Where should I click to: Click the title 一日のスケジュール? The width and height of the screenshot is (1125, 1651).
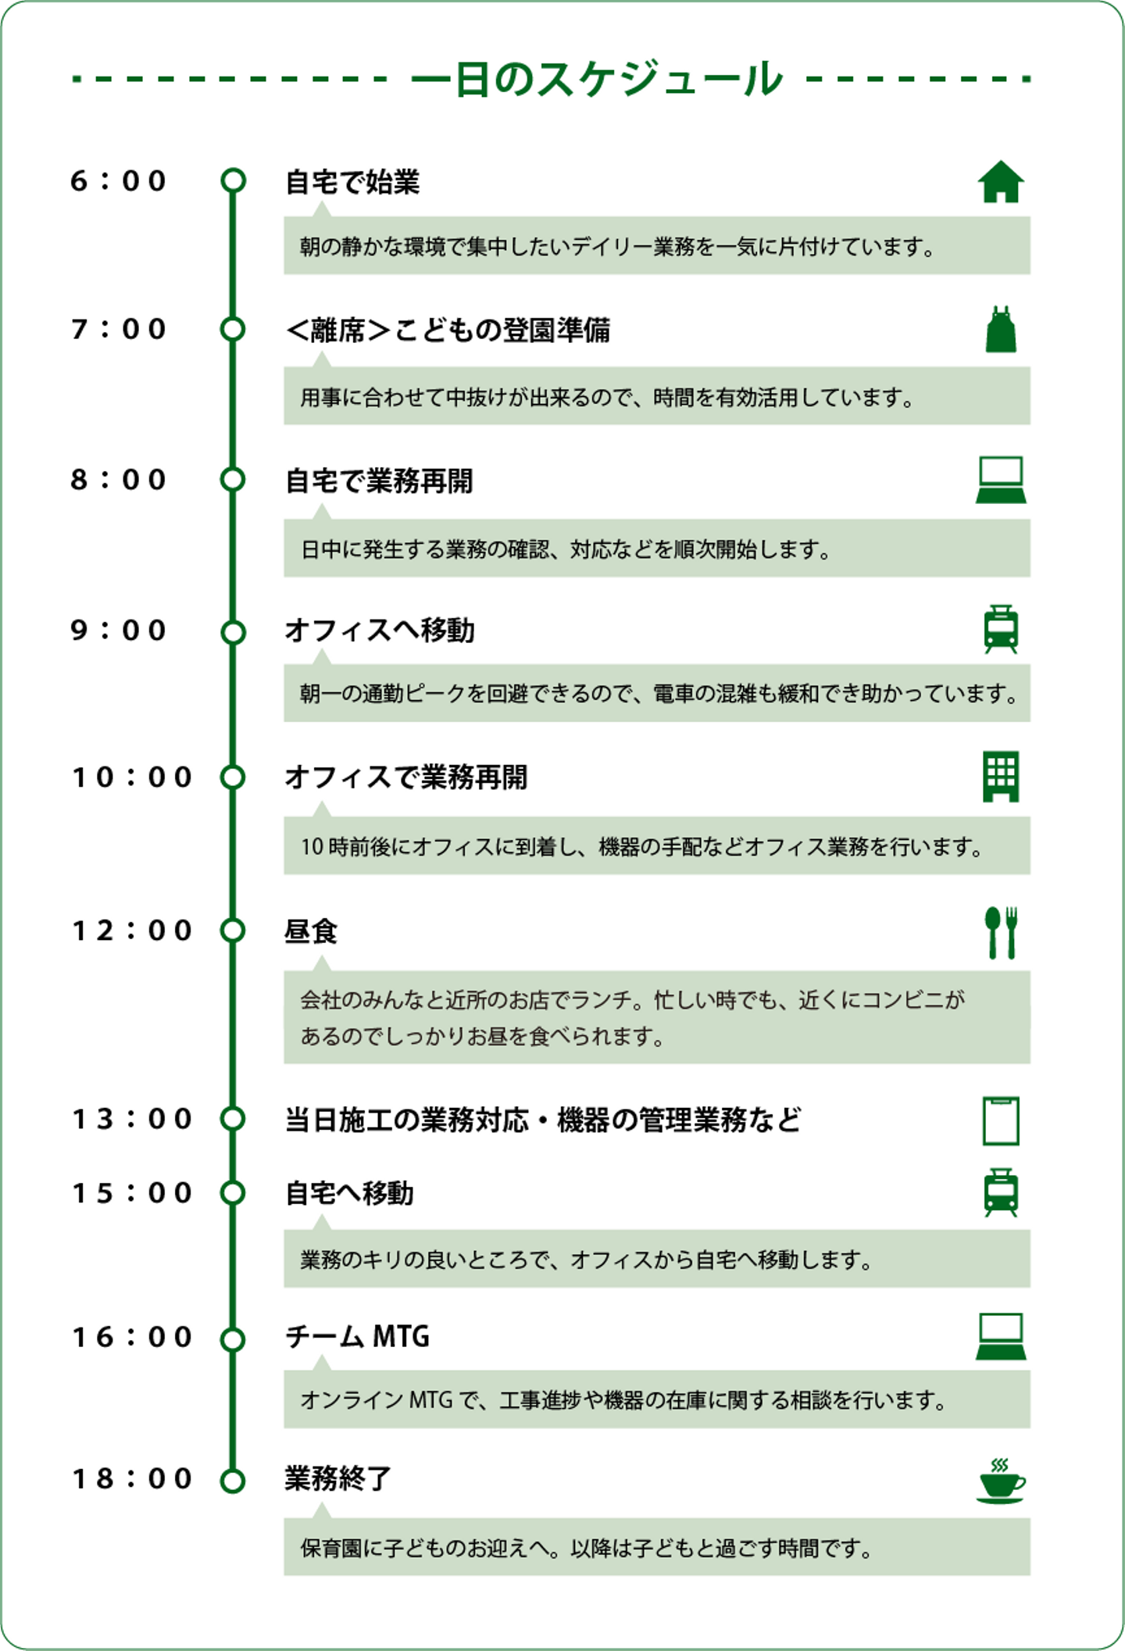point(597,78)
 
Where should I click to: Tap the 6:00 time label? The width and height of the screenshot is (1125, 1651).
point(119,181)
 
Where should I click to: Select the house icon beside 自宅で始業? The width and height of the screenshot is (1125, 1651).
point(1001,181)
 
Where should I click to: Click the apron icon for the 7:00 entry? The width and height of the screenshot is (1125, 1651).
point(1001,329)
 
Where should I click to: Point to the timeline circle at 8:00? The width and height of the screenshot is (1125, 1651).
point(233,479)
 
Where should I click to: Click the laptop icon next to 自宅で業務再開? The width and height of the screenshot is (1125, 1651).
point(1001,479)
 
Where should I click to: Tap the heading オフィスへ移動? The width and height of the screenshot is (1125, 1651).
point(380,630)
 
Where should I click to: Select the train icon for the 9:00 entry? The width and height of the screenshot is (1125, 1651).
point(1001,629)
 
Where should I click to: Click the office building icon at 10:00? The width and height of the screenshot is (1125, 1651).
point(1001,777)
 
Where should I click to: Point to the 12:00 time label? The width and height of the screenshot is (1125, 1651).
point(132,931)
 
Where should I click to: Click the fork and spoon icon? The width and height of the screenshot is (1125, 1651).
point(1001,932)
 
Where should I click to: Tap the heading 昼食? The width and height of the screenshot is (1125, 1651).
point(311,931)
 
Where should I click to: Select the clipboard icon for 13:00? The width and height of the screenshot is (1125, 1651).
point(1001,1120)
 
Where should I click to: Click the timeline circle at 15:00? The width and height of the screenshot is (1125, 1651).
point(233,1193)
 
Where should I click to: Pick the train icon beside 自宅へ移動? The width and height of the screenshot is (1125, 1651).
point(1001,1192)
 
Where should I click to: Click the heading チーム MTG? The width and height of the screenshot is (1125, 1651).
point(357,1336)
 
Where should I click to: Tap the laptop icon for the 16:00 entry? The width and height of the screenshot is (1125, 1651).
point(1001,1336)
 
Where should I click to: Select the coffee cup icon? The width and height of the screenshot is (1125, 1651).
point(1001,1481)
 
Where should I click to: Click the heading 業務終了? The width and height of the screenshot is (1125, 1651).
point(337,1479)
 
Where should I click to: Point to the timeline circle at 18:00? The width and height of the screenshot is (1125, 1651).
point(233,1481)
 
